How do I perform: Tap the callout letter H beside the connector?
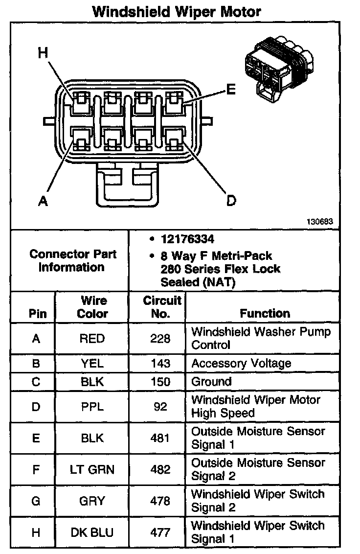click(x=43, y=53)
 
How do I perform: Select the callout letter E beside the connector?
click(x=230, y=89)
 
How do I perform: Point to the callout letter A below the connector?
click(x=43, y=200)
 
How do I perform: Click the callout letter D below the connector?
click(x=230, y=200)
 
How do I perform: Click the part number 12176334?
click(x=187, y=239)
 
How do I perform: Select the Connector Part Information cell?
click(x=73, y=261)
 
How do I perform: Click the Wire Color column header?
click(x=93, y=307)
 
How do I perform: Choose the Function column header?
click(x=265, y=313)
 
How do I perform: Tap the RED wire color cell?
click(x=92, y=339)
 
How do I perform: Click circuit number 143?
click(x=160, y=364)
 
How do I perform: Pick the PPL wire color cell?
click(x=92, y=407)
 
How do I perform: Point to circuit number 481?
click(x=160, y=438)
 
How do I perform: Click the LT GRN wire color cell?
click(x=92, y=470)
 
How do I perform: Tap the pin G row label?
click(x=36, y=501)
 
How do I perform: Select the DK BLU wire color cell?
click(x=92, y=532)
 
